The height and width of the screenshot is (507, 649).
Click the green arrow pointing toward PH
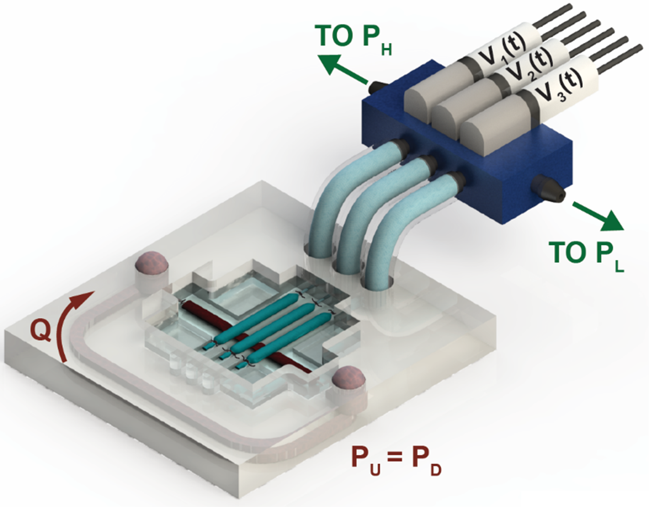(x=342, y=69)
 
